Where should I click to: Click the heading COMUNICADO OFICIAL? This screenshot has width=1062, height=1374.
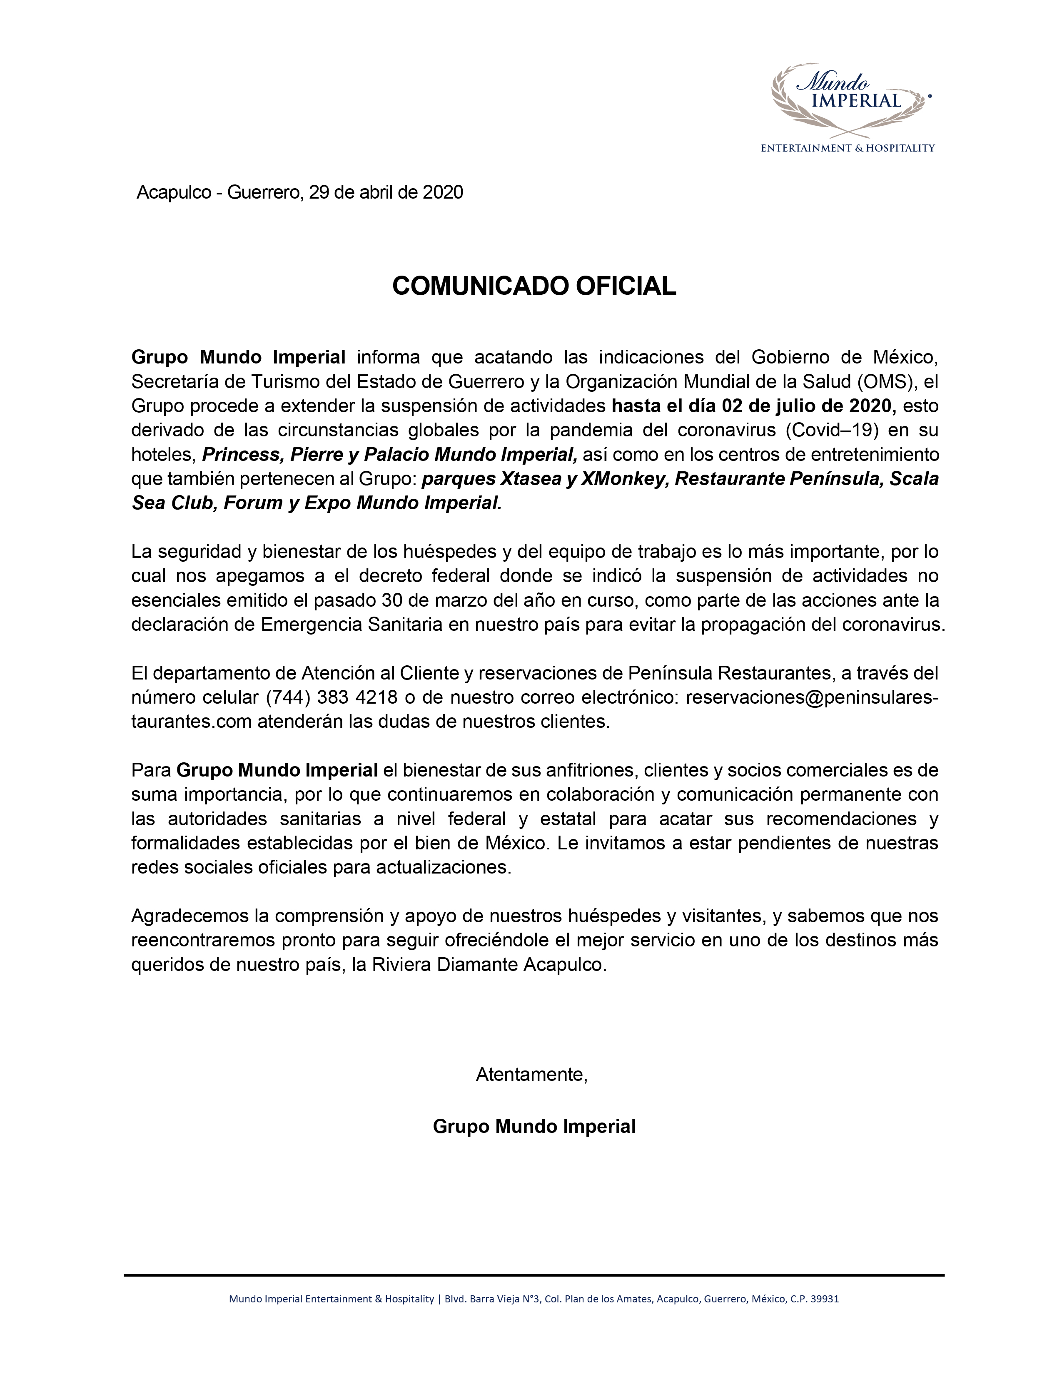pyautogui.click(x=533, y=286)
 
